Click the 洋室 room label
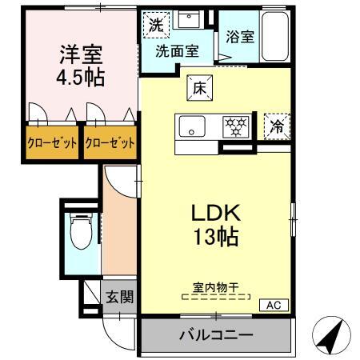[x=81, y=57]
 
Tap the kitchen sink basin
[x=192, y=126]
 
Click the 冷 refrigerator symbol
[x=278, y=125]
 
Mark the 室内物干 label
[x=216, y=286]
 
